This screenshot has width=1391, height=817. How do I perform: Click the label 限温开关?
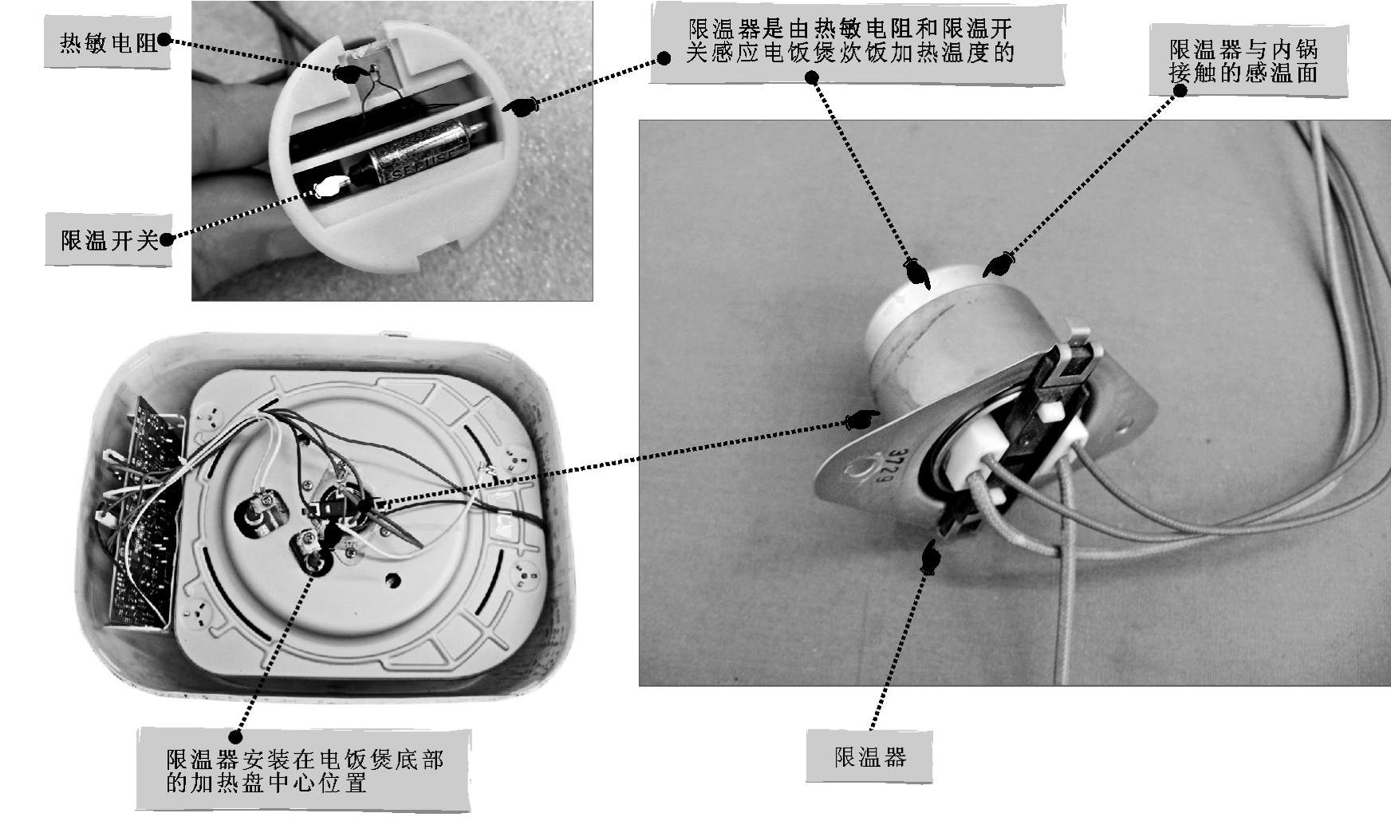(x=108, y=240)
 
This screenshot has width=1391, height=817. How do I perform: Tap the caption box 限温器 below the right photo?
(x=869, y=756)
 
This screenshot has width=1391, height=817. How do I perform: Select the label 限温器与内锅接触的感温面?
(x=1243, y=61)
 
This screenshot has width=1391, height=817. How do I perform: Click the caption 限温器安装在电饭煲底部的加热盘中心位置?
(x=304, y=769)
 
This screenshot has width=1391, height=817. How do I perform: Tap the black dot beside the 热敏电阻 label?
(x=164, y=40)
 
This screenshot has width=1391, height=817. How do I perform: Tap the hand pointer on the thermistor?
(x=349, y=73)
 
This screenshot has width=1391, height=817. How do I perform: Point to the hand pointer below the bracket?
(x=929, y=556)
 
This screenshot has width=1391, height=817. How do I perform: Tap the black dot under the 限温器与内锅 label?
(x=1180, y=91)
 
